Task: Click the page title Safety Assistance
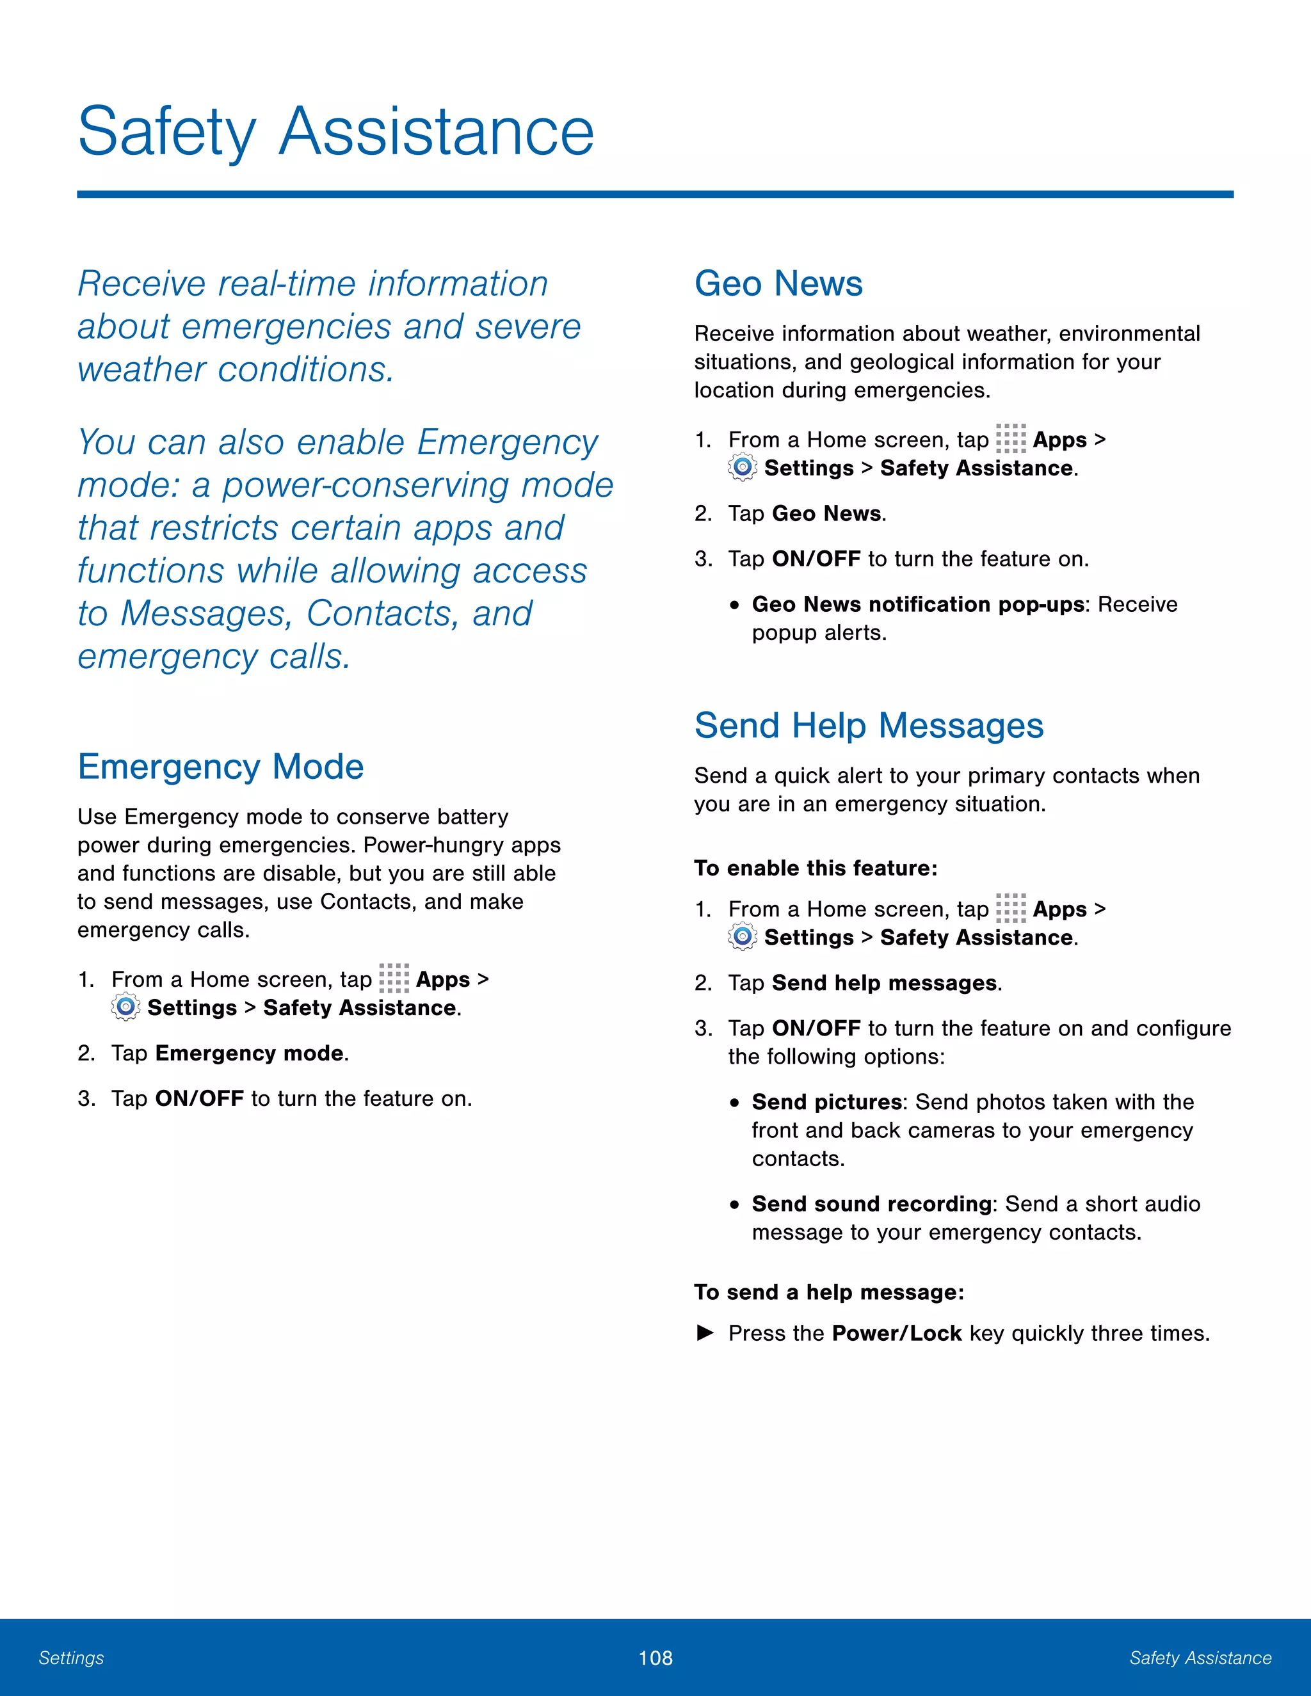(x=335, y=132)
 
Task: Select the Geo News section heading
(x=778, y=284)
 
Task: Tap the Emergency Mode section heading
(x=221, y=767)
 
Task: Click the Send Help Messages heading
(x=868, y=725)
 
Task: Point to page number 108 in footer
(x=655, y=1658)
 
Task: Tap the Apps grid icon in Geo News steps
(x=1010, y=439)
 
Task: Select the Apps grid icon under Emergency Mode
(x=394, y=979)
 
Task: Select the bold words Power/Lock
(x=896, y=1333)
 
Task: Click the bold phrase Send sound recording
(x=871, y=1204)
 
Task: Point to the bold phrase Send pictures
(x=826, y=1102)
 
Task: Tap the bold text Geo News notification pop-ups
(x=917, y=604)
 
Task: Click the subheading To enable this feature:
(x=816, y=868)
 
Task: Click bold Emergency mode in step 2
(x=249, y=1053)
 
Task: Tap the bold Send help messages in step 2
(x=884, y=983)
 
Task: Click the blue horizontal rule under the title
(x=655, y=194)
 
